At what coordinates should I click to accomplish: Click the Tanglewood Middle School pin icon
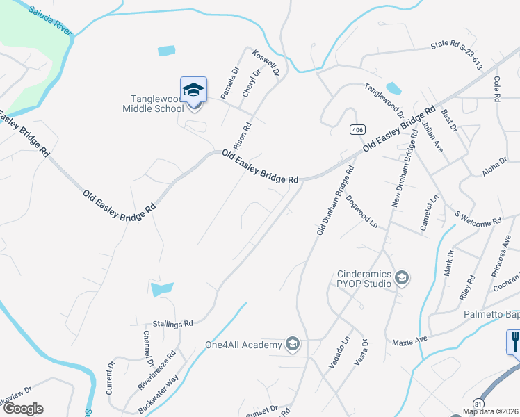coord(194,90)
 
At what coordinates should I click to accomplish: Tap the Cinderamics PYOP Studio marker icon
coord(400,279)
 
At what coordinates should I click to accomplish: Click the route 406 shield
coord(357,130)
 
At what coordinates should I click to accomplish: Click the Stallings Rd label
coord(172,323)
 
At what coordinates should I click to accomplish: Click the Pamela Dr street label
coord(229,82)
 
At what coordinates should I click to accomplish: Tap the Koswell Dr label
coord(266,63)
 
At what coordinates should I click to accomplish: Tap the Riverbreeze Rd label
coord(167,368)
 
